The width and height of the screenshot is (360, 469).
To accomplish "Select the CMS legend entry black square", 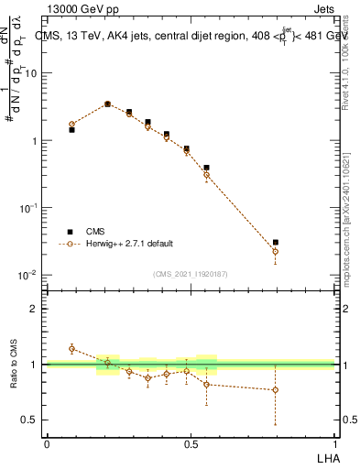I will tap(70, 232).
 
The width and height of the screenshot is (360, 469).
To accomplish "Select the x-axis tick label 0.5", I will tap(191, 444).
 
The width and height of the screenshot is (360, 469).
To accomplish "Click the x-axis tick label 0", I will tap(47, 444).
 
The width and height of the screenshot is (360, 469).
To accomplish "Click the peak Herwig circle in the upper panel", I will tap(107, 104).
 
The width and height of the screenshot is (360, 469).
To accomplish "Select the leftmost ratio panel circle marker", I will tap(72, 349).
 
